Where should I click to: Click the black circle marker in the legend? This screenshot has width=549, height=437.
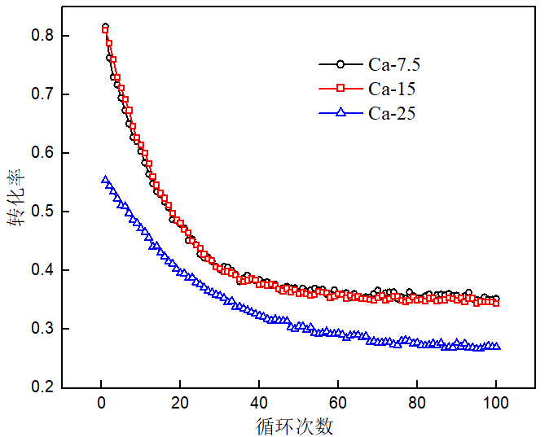pyautogui.click(x=340, y=63)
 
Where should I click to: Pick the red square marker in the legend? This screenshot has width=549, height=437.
pyautogui.click(x=340, y=88)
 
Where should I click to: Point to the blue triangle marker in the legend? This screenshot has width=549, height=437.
pyautogui.click(x=340, y=113)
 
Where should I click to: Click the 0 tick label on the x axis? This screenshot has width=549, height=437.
pyautogui.click(x=101, y=403)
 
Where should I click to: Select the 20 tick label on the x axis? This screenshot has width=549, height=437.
pyautogui.click(x=180, y=403)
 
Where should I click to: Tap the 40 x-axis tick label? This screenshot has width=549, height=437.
pyautogui.click(x=259, y=403)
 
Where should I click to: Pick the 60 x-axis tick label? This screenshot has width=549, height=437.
pyautogui.click(x=338, y=403)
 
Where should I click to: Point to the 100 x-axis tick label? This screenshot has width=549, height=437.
pyautogui.click(x=496, y=403)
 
